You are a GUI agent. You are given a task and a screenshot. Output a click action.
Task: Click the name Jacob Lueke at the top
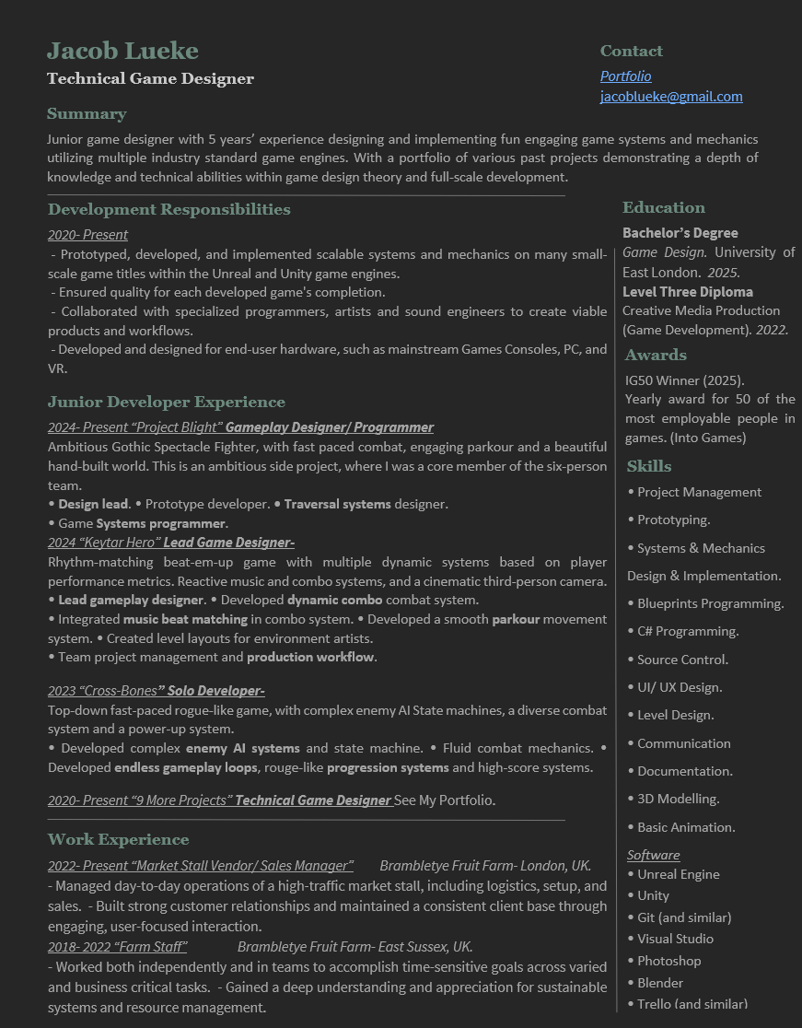pos(122,51)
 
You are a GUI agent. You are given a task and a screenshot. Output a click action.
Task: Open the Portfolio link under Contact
pos(625,76)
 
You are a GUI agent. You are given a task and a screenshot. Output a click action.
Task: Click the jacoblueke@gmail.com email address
pos(671,97)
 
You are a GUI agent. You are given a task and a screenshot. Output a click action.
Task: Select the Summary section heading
pos(87,114)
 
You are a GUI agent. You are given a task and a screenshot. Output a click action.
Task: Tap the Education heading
pos(663,208)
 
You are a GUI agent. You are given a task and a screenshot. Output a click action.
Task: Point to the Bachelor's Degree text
pos(680,233)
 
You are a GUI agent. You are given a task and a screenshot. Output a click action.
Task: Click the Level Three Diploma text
pos(687,292)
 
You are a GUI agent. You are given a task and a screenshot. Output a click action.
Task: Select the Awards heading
pos(655,356)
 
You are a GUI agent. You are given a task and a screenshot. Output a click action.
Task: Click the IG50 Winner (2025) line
pos(684,380)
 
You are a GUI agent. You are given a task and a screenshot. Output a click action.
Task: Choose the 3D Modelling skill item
pos(678,800)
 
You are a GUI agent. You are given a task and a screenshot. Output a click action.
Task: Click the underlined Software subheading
pos(653,855)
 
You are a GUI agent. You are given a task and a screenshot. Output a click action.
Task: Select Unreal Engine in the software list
pos(678,875)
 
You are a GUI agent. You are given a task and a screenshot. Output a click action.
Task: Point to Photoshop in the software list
pos(668,961)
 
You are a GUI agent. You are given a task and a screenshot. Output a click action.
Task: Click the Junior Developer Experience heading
pos(167,403)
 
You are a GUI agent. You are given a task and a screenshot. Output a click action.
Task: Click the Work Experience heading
pos(118,840)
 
